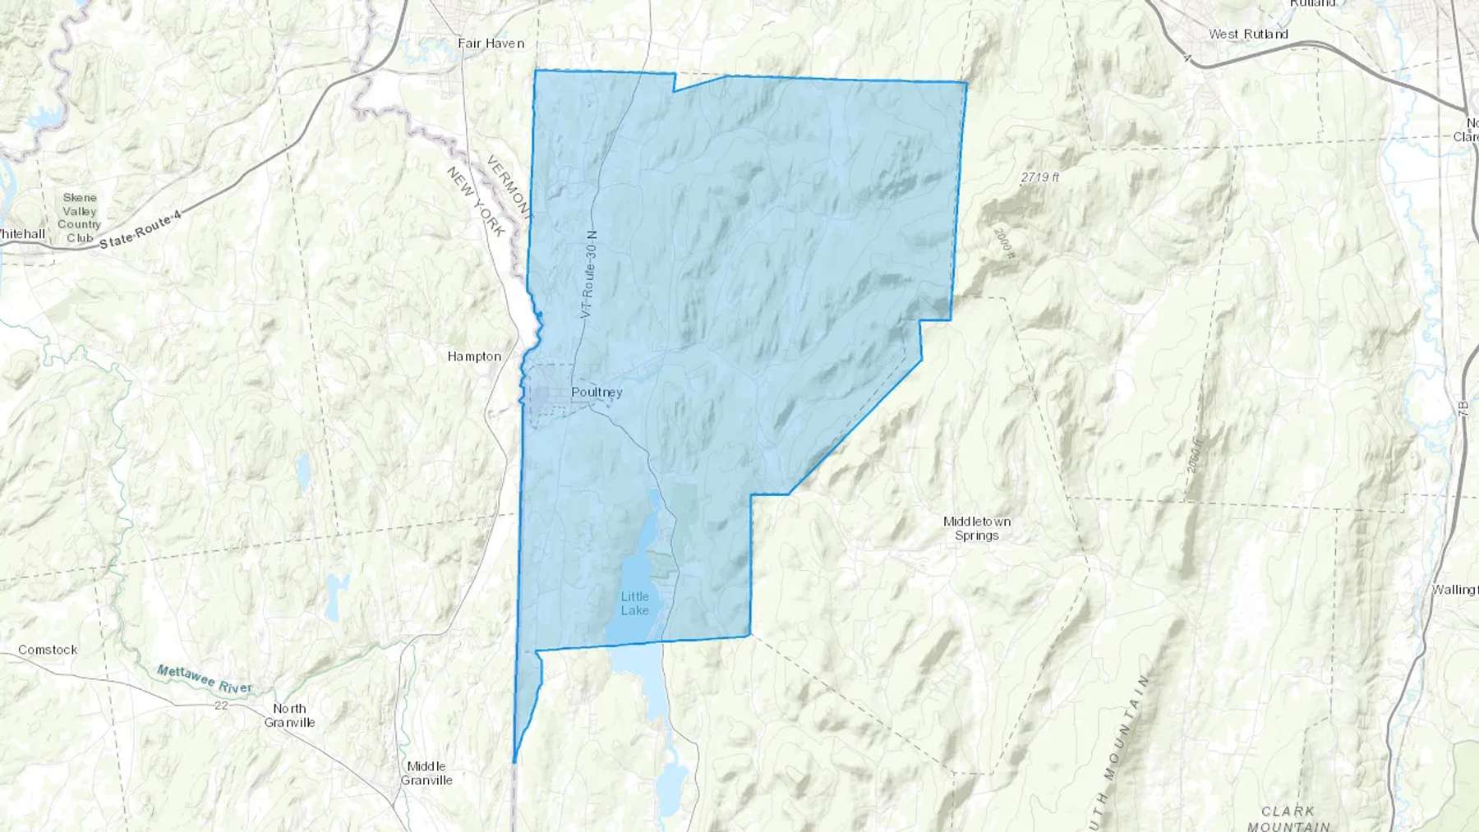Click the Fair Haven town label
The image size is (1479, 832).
pos(491,43)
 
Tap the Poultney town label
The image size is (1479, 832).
pos(597,392)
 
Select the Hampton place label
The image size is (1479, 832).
pos(474,356)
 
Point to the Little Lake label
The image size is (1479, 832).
pos(634,603)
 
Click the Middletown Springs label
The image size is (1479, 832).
pos(976,528)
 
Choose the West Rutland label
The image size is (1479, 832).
pos(1247,34)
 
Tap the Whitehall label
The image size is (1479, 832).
pos(22,234)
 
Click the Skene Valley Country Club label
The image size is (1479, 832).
pos(80,218)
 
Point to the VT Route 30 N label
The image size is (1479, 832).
pos(588,274)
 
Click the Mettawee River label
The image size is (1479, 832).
pos(204,679)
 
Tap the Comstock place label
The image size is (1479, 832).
pos(48,650)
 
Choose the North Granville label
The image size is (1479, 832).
pos(289,715)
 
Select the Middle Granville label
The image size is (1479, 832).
pos(426,773)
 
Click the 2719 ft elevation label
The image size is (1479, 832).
pos(1039,177)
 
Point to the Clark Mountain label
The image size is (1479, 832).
pos(1288,818)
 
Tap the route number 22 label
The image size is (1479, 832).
pos(220,706)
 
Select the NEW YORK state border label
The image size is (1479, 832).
pos(476,201)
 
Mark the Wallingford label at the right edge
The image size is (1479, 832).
pos(1454,589)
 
